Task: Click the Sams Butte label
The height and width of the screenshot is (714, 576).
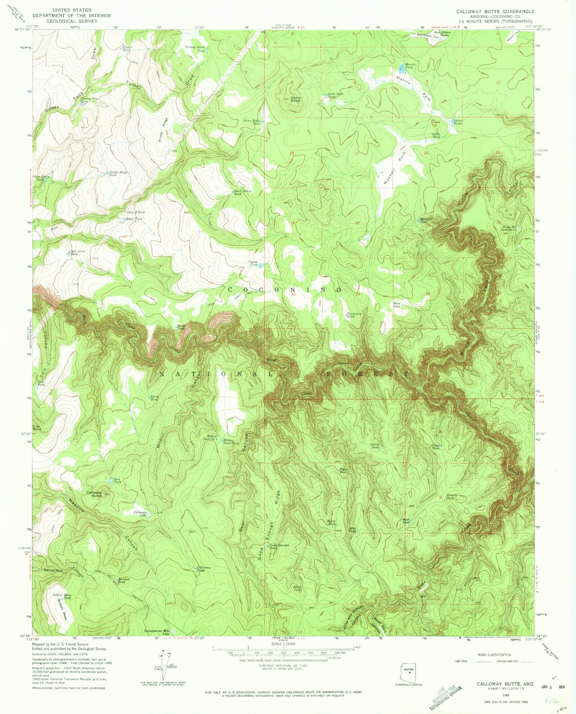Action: (x=295, y=99)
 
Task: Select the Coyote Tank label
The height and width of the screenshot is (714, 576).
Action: (x=254, y=263)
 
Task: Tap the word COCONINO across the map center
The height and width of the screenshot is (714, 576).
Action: (x=285, y=290)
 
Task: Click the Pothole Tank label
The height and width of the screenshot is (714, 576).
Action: (x=451, y=496)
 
